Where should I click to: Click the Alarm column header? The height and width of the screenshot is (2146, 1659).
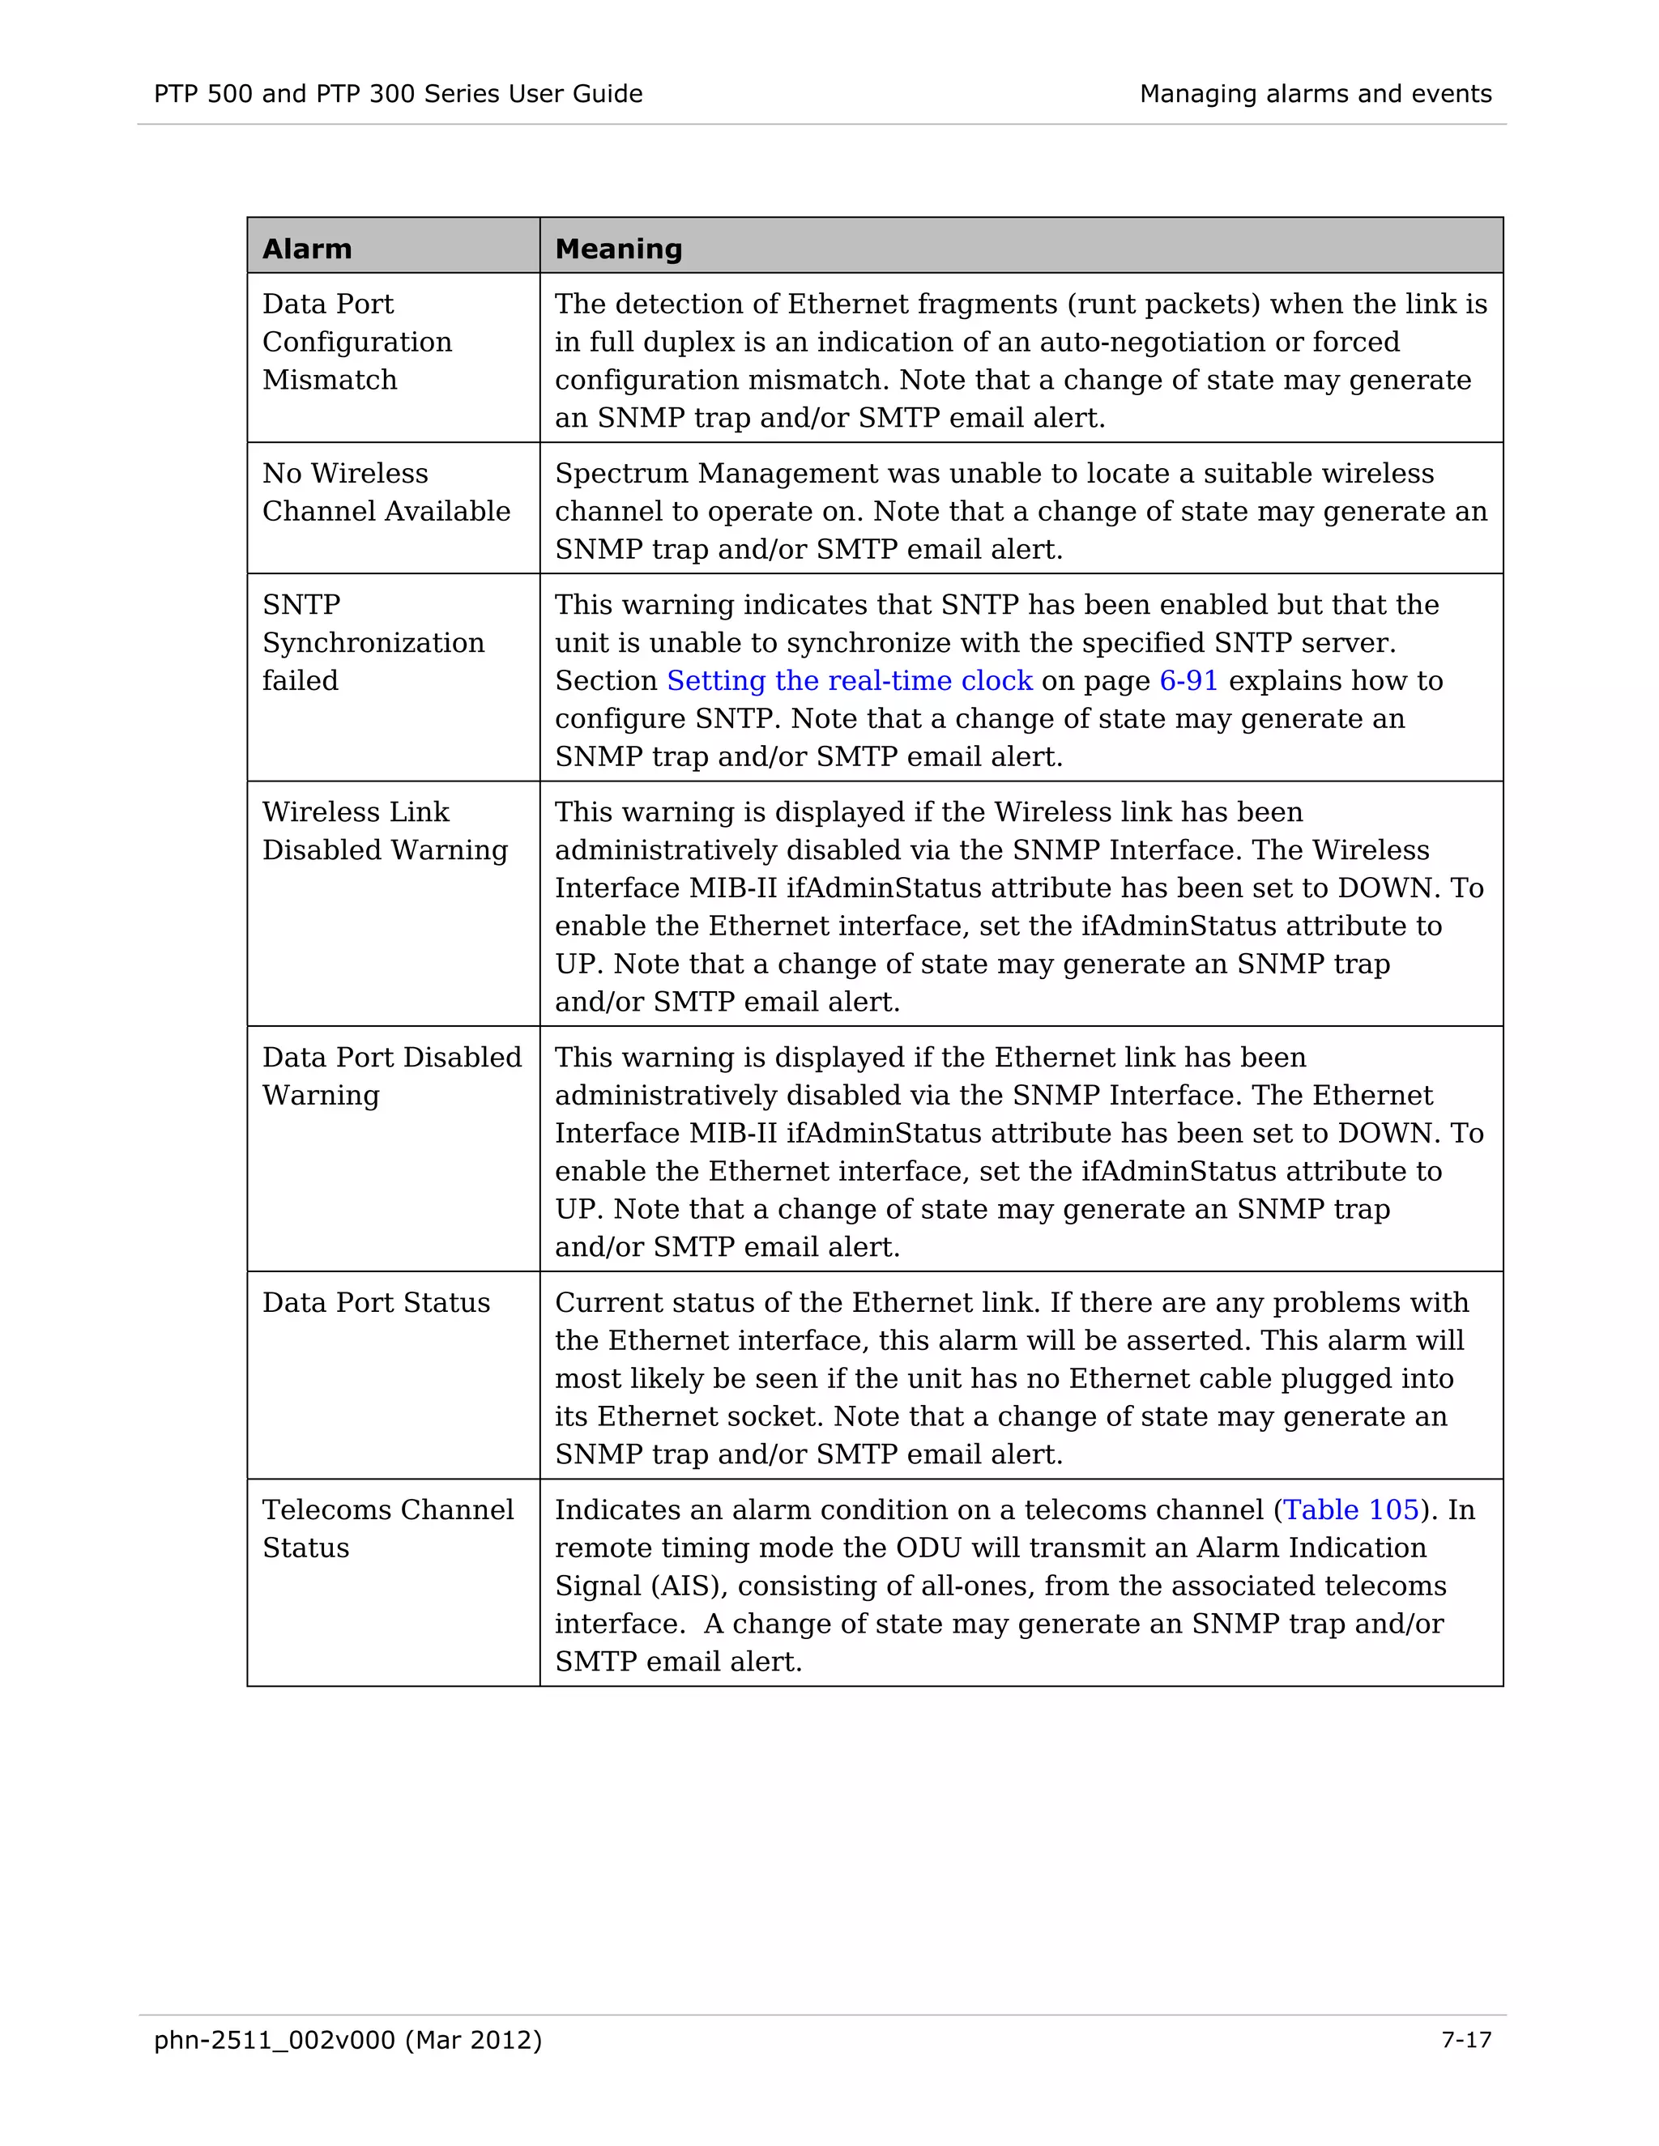[307, 249]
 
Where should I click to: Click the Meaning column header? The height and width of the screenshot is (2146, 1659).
[618, 249]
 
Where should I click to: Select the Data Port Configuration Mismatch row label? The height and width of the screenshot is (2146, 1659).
[356, 342]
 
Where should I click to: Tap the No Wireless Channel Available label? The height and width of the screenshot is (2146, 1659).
[386, 492]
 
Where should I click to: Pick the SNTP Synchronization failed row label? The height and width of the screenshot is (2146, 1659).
[373, 643]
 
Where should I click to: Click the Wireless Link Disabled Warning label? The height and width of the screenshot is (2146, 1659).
[384, 832]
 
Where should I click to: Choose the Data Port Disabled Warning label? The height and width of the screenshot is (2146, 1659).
[391, 1076]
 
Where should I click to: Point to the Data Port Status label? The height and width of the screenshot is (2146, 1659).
[375, 1303]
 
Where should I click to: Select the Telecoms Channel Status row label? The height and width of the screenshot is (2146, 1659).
[387, 1529]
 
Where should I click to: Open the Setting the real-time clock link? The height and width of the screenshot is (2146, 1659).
[849, 681]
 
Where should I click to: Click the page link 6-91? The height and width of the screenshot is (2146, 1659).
[1188, 681]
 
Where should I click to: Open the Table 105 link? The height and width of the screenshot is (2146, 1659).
[1351, 1510]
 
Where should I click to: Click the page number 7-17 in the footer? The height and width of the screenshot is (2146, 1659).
[1465, 2041]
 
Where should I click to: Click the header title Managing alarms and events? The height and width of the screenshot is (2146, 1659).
[1315, 94]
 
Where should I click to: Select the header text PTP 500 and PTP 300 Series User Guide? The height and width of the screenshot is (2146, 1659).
[398, 94]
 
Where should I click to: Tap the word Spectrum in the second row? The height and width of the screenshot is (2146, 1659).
[621, 474]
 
